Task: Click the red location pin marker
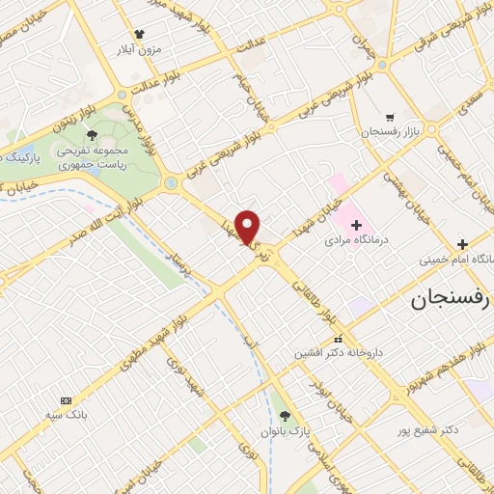249,227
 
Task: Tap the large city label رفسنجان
452,301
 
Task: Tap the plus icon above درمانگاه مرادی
356,223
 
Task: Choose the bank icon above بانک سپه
66,400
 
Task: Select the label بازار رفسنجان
390,130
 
